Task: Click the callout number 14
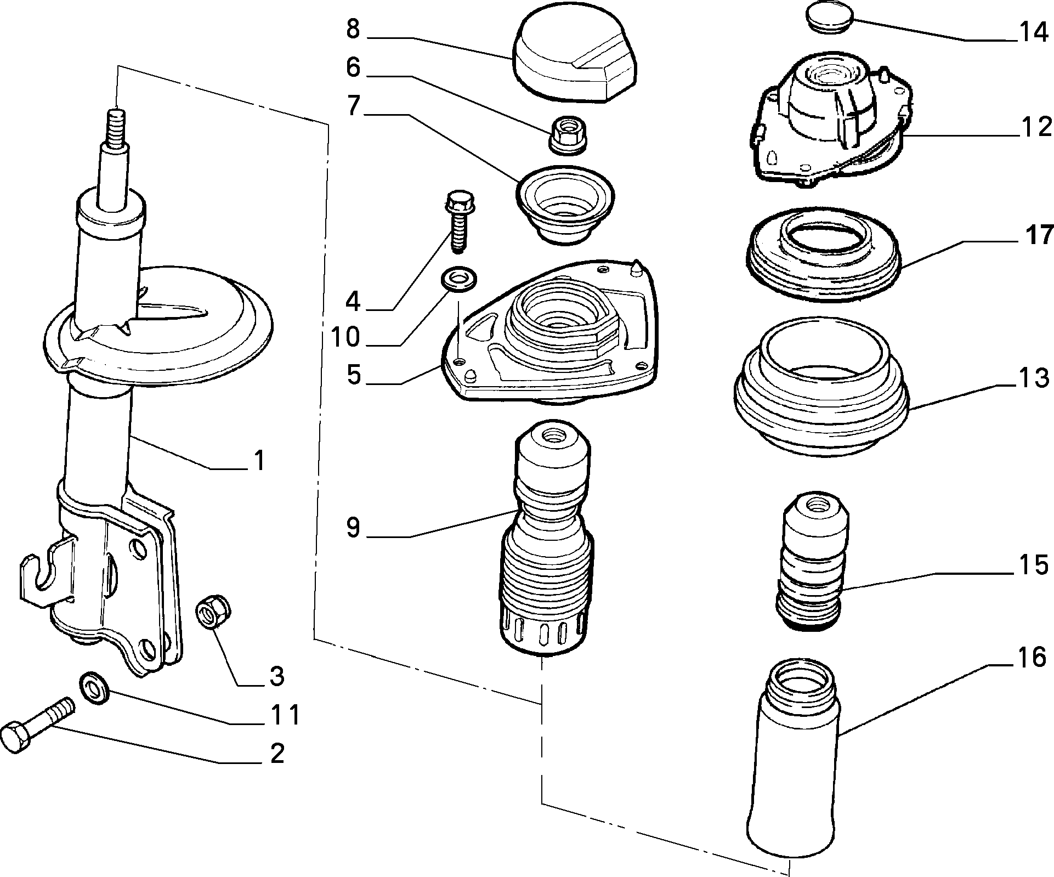click(1034, 33)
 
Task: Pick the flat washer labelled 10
click(458, 279)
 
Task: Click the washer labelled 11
click(95, 688)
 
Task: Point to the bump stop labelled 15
click(812, 561)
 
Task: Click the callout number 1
click(259, 461)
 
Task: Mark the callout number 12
click(1034, 127)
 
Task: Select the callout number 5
click(354, 375)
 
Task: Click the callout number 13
click(1034, 378)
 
